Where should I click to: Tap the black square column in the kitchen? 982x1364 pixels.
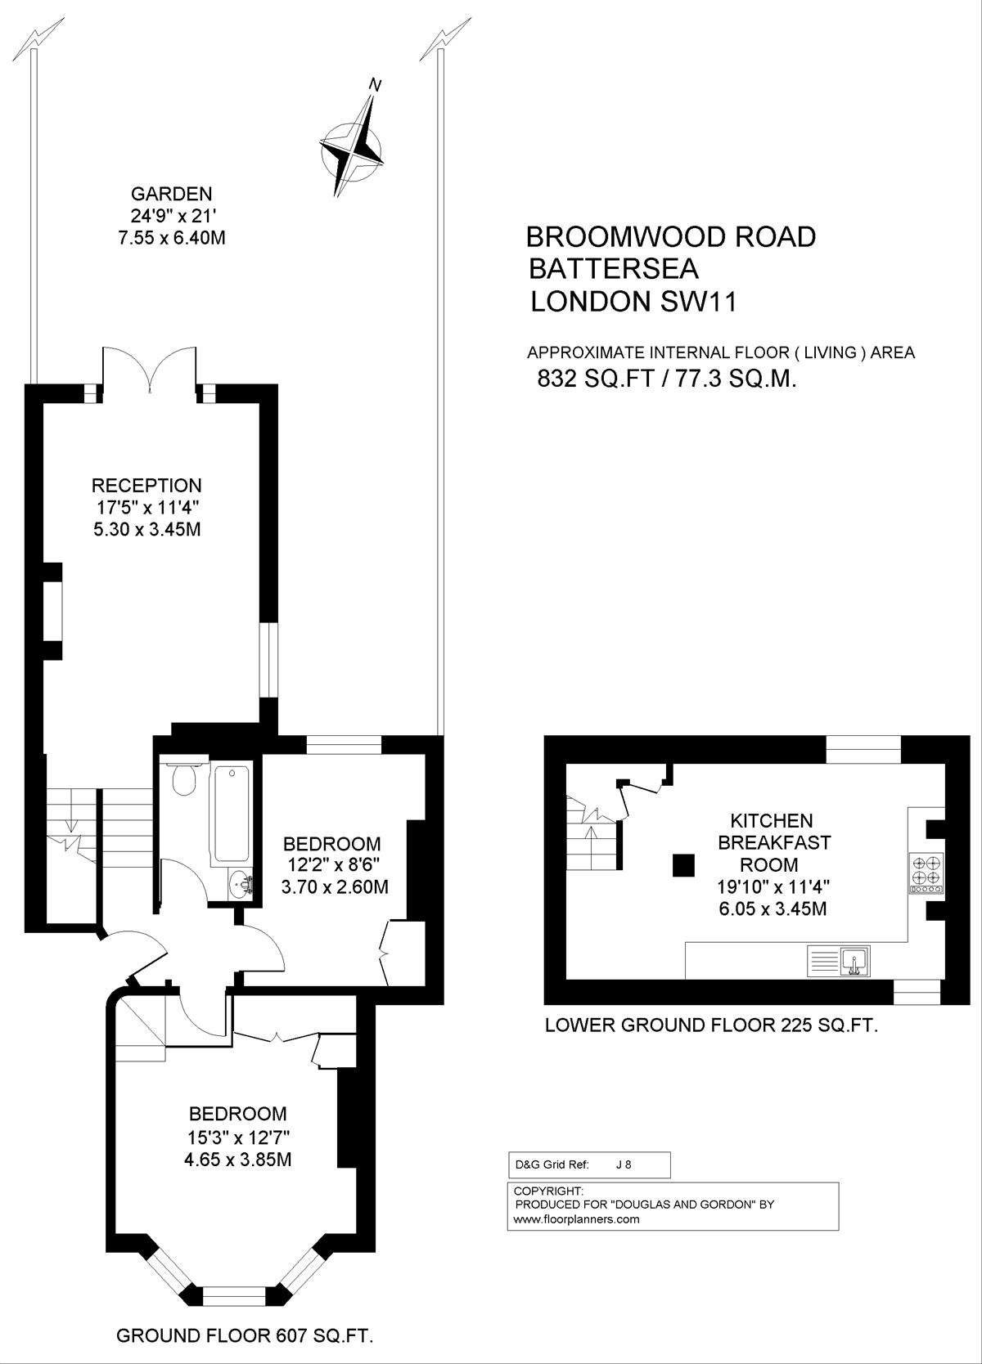click(683, 865)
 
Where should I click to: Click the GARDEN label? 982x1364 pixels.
click(172, 195)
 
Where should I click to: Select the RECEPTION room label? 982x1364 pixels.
click(146, 485)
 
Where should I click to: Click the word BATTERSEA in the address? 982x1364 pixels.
click(614, 268)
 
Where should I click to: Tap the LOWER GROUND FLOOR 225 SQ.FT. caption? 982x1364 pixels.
click(711, 1025)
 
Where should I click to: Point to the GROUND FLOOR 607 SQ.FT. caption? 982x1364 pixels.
click(245, 1336)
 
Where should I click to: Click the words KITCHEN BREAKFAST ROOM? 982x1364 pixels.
click(773, 843)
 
